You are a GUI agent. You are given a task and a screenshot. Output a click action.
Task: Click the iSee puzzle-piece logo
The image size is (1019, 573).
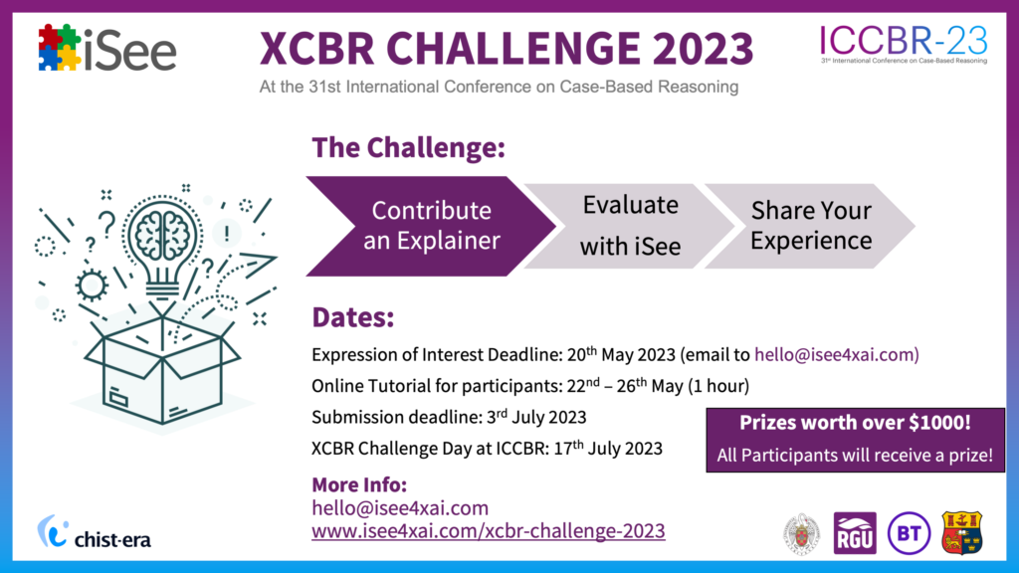[107, 48]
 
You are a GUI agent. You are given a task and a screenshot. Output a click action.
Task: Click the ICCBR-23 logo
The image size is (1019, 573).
[904, 44]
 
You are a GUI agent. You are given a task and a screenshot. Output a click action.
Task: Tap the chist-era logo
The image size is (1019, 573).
[95, 532]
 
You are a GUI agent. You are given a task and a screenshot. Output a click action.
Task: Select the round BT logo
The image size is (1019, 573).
[909, 533]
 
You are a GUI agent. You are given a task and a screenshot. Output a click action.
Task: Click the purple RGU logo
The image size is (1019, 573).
[855, 533]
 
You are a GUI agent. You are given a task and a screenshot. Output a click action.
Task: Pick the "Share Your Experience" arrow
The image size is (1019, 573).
[810, 226]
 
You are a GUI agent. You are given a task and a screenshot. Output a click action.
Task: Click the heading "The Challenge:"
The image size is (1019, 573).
[408, 147]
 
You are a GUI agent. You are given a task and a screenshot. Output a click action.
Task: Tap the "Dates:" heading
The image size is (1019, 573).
[353, 317]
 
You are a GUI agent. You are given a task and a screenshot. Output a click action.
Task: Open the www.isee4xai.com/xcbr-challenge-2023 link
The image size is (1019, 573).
[488, 531]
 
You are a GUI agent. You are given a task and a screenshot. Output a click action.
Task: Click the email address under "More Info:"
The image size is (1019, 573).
[400, 507]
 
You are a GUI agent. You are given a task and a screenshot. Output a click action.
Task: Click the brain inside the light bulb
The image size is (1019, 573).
[162, 234]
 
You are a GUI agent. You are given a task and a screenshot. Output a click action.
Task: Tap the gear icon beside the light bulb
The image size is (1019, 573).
[92, 285]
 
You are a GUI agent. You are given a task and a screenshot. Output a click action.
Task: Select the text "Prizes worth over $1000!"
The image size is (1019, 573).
[855, 422]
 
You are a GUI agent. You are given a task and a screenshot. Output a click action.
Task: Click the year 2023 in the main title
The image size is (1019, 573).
[703, 48]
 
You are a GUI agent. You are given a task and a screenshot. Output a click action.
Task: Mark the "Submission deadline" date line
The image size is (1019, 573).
[449, 417]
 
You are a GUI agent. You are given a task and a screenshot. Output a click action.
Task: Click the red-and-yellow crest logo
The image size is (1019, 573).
[962, 533]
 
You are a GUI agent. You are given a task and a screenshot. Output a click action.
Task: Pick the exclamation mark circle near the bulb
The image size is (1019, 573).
[226, 233]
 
